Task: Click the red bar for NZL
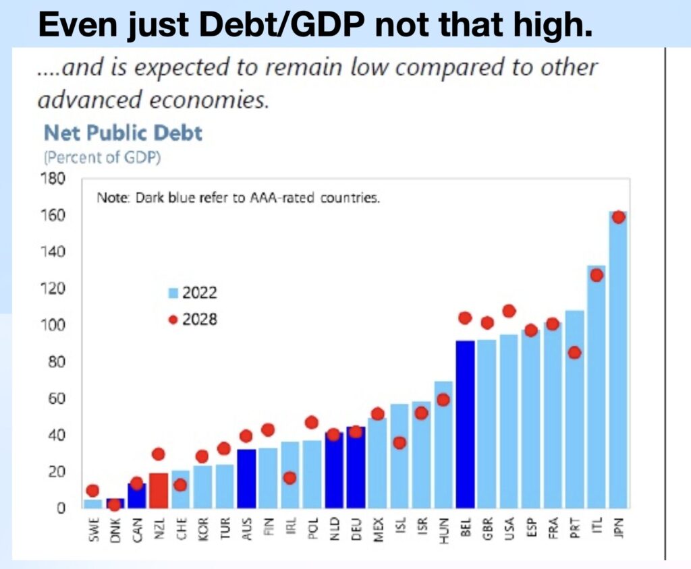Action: coord(158,491)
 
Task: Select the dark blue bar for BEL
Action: coord(466,425)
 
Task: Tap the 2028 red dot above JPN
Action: coord(619,217)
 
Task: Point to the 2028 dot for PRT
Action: coord(575,353)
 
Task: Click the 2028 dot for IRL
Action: coord(289,478)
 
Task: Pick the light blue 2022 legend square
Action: coord(173,293)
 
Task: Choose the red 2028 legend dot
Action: coord(173,320)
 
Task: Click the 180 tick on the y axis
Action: coord(53,179)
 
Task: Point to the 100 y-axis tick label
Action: coord(53,326)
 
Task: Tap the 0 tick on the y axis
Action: coord(61,508)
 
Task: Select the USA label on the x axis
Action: coord(509,529)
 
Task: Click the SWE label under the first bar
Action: coord(93,529)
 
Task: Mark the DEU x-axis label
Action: coord(356,529)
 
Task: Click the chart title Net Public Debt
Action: coord(123,133)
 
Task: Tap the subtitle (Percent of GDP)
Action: coord(103,158)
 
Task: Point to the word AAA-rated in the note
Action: coord(282,198)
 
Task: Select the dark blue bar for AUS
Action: coord(246,479)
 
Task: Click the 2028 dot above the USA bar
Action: coord(509,311)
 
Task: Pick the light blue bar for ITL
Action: coord(597,387)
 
